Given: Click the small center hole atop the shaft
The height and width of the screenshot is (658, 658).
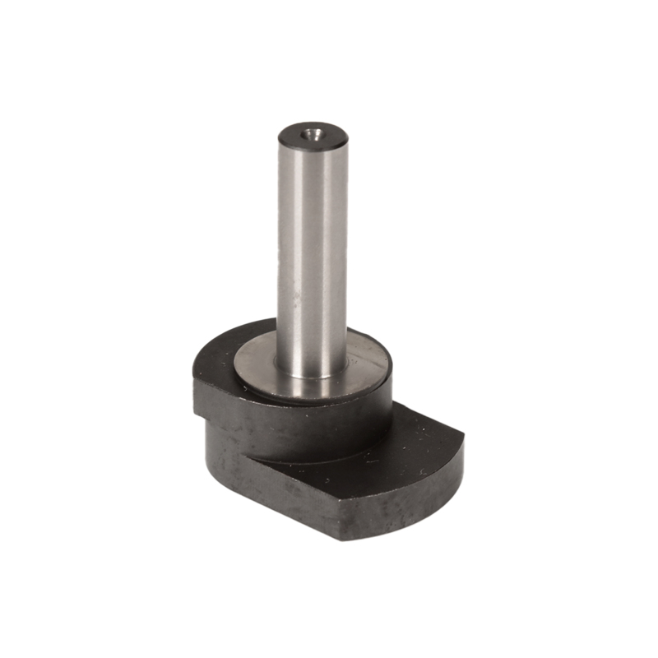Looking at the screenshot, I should coord(310,129).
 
